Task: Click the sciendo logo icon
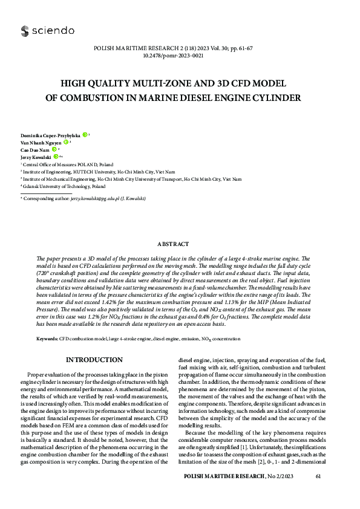(x=24, y=31)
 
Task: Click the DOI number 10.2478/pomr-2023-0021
(x=180, y=55)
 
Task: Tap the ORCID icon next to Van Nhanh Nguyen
(x=66, y=142)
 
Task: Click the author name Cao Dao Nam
(x=34, y=149)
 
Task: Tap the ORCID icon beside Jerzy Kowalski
(x=56, y=156)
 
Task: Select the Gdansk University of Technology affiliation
(x=63, y=187)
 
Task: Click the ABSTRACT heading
(x=180, y=244)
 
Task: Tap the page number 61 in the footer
(x=318, y=478)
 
